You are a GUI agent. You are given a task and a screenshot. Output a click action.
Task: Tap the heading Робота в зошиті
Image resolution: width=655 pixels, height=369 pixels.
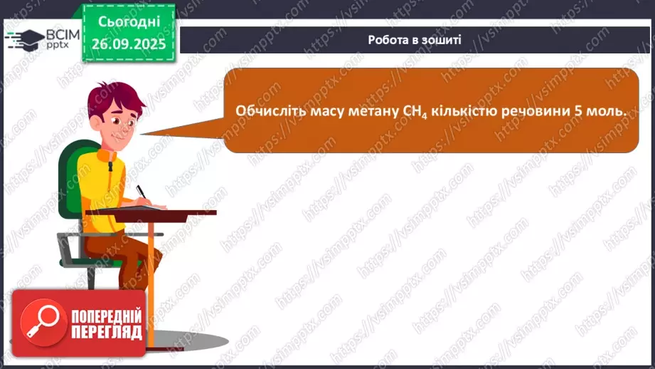[x=415, y=40]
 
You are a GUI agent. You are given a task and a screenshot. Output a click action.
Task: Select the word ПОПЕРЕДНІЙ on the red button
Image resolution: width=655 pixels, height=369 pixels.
[x=106, y=316]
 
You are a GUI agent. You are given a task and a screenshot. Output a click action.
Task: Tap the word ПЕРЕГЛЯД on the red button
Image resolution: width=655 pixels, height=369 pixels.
[x=106, y=332]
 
